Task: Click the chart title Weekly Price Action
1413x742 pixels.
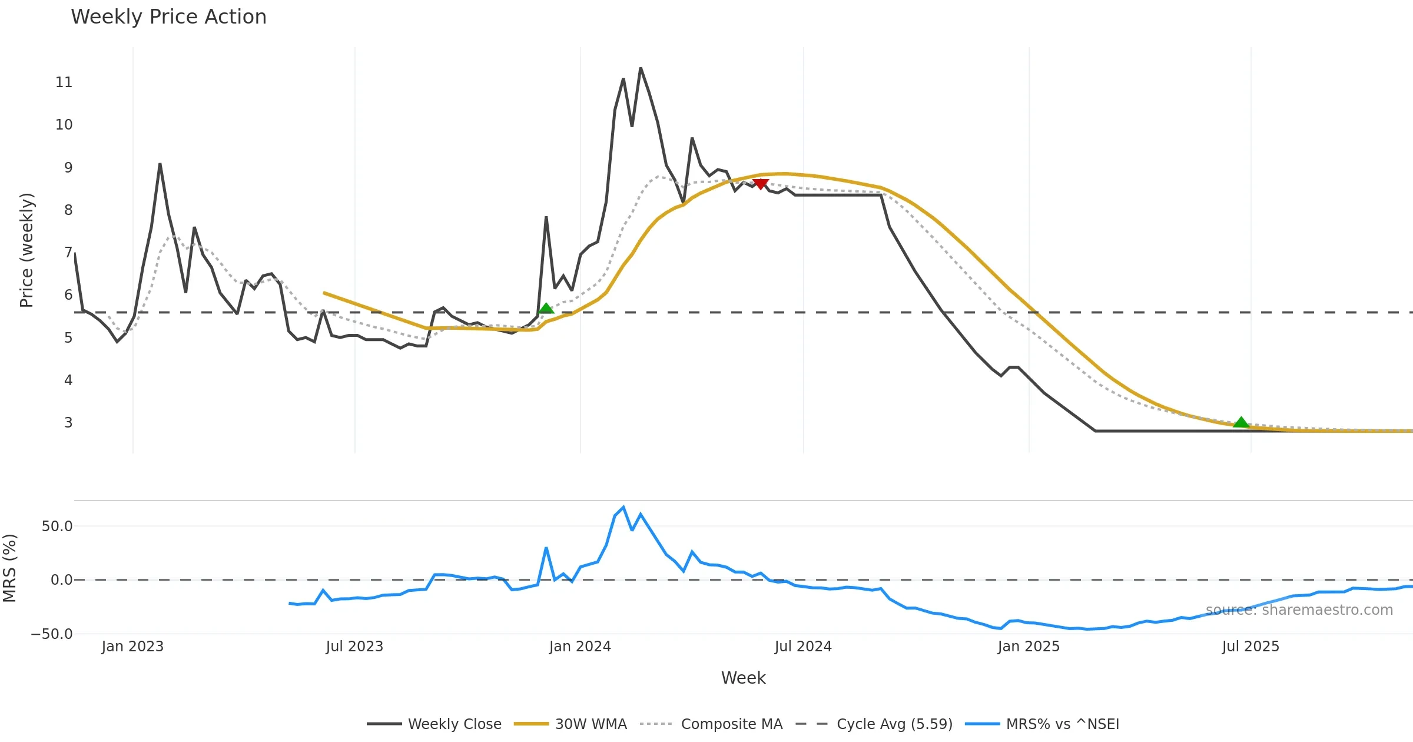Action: point(168,17)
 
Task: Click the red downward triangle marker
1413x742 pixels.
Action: point(760,184)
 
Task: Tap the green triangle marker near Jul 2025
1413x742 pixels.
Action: point(1241,422)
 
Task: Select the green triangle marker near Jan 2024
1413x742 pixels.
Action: point(546,309)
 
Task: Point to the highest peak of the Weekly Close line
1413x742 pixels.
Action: point(641,69)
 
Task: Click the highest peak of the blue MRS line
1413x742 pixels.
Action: point(623,507)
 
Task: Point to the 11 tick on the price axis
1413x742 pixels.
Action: point(64,82)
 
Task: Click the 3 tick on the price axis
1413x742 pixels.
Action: point(68,423)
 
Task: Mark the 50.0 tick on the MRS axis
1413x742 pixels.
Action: point(57,526)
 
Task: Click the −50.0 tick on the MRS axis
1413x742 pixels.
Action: point(52,634)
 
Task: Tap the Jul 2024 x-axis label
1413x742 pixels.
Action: point(803,647)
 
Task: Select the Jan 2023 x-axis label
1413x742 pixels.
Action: point(132,647)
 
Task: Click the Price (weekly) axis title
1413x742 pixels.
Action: point(27,250)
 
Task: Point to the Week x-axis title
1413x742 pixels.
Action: point(743,678)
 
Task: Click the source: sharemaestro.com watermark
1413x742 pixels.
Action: point(1299,610)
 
